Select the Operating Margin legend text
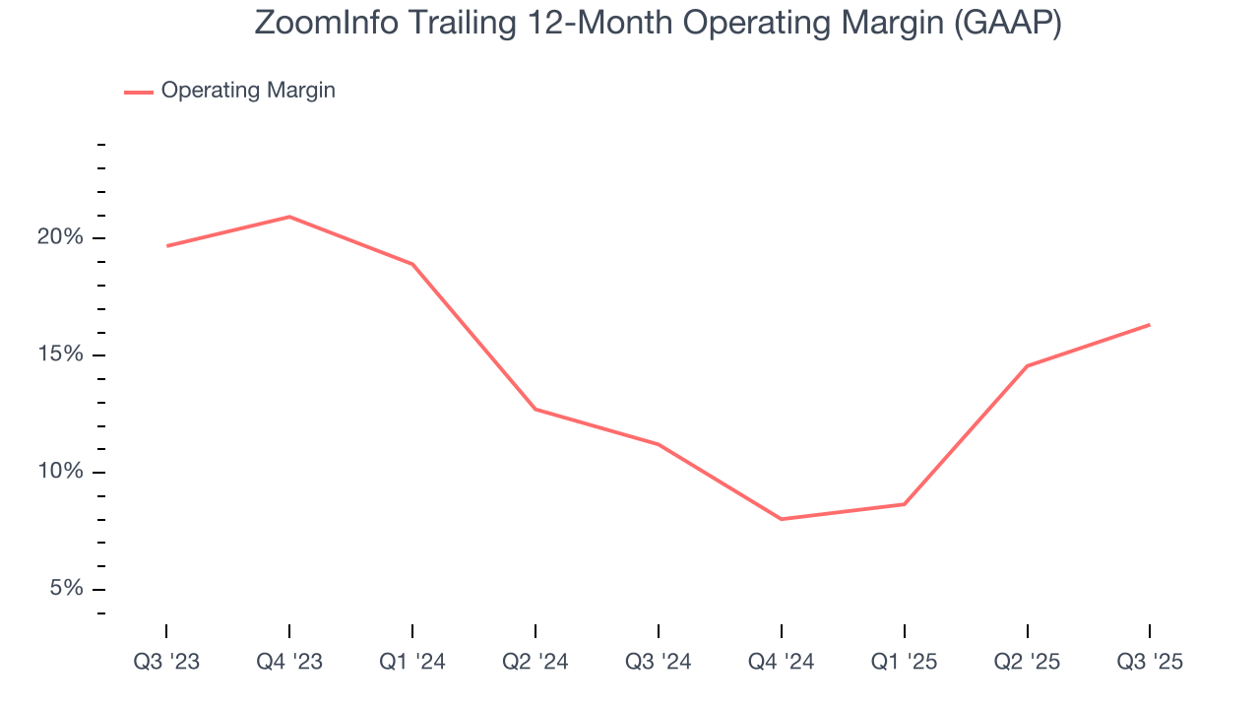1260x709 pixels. (x=248, y=91)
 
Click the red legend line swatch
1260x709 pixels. (x=138, y=92)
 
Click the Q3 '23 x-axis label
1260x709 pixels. (x=166, y=662)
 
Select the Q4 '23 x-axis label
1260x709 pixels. (x=289, y=662)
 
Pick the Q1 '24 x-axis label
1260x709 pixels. (x=412, y=662)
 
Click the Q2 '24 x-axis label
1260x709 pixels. (x=535, y=662)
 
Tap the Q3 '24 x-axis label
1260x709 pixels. (x=658, y=662)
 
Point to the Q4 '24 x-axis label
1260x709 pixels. (x=781, y=662)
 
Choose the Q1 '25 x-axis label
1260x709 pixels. (x=904, y=662)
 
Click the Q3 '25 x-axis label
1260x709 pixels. (x=1150, y=662)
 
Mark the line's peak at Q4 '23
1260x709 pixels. (x=289, y=217)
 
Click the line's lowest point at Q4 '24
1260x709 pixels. (x=781, y=519)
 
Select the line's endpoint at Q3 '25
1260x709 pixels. (x=1149, y=325)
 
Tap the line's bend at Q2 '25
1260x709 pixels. (x=1027, y=366)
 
